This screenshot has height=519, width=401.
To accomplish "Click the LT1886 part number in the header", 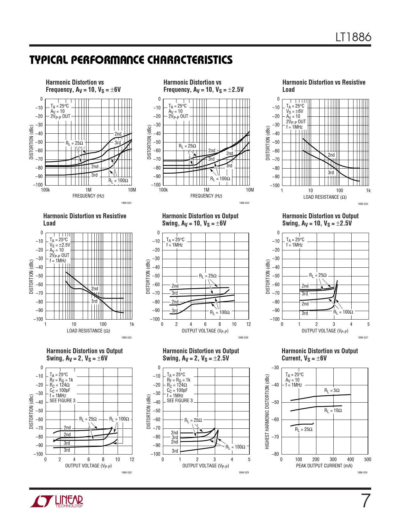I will (353, 37).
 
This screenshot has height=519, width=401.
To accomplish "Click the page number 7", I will (365, 501).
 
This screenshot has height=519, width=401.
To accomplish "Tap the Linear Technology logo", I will (57, 501).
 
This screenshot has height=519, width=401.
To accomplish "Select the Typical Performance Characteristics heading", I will (131, 60).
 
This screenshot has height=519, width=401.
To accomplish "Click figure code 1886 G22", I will (126, 203).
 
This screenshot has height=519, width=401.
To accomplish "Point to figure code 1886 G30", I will (362, 472).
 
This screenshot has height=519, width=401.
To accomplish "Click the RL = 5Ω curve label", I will (332, 390).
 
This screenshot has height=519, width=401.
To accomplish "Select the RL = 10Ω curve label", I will (333, 410).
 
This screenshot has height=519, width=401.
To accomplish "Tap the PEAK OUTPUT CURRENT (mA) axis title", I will (324, 466).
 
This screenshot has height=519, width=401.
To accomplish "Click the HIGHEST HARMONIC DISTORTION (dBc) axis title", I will (267, 411).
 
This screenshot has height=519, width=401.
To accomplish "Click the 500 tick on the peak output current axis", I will (368, 460).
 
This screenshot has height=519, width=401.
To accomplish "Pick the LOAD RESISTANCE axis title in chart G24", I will (325, 197).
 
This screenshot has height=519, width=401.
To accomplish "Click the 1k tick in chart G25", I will (132, 324).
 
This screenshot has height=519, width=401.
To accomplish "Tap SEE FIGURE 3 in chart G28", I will (62, 401).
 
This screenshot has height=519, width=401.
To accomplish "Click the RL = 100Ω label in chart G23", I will (220, 179).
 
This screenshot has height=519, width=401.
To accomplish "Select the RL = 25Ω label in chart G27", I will (318, 275).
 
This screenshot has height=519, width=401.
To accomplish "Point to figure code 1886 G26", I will (243, 338).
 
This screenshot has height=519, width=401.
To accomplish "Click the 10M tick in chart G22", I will (132, 190).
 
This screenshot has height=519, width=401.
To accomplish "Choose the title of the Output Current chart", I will (320, 354).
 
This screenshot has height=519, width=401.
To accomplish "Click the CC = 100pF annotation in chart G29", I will (177, 390).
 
